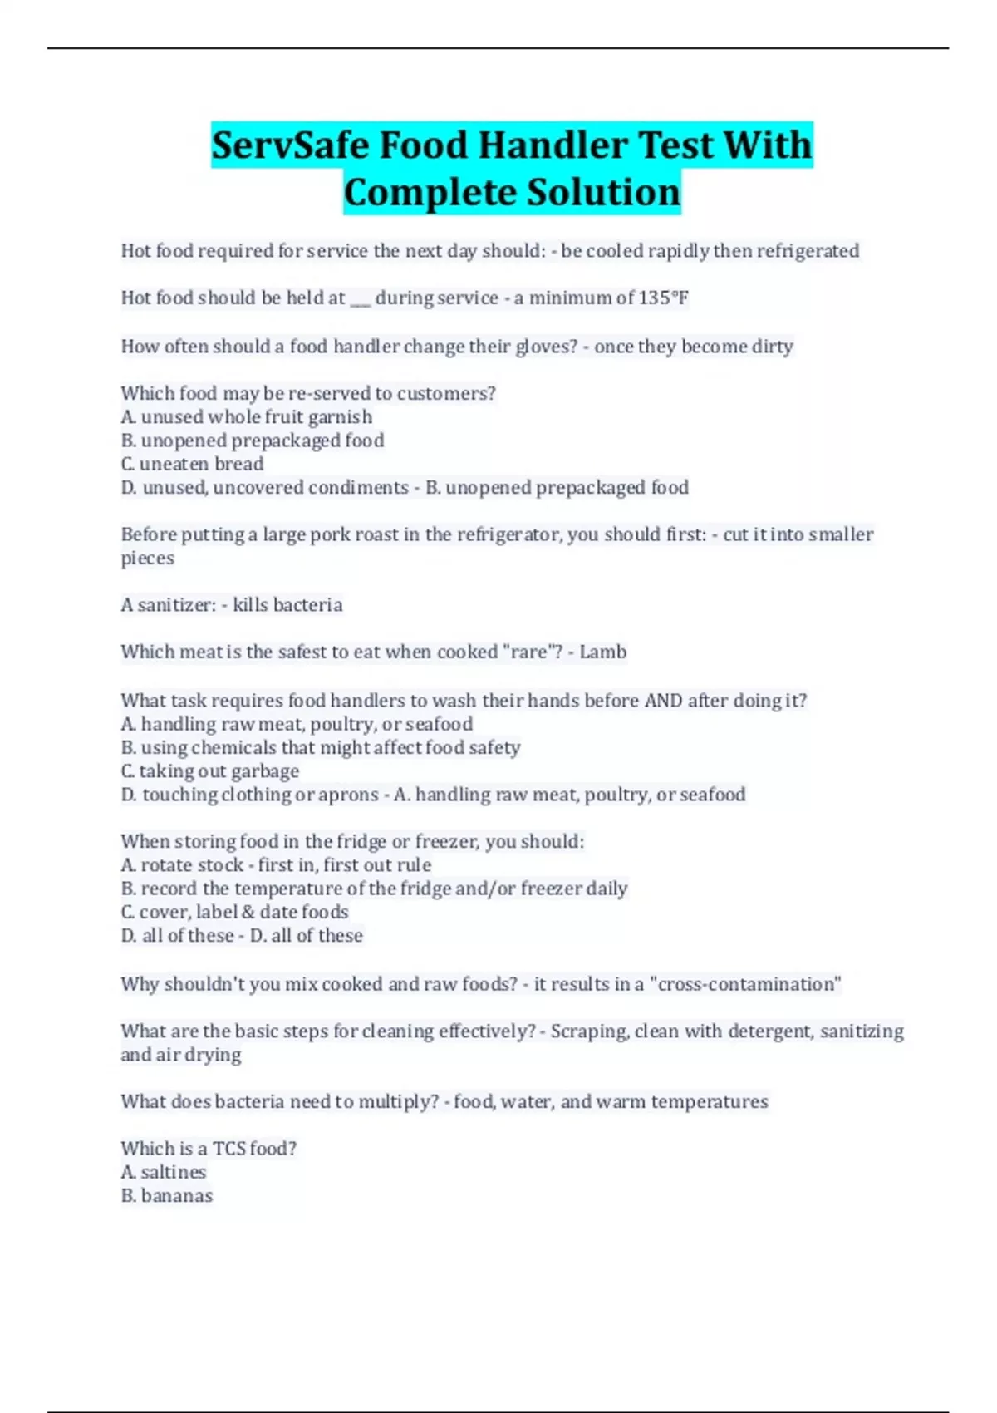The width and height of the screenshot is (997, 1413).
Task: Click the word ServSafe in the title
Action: click(x=290, y=145)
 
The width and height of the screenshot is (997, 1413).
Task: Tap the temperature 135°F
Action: click(x=663, y=298)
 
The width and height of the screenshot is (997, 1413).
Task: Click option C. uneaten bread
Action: click(x=192, y=464)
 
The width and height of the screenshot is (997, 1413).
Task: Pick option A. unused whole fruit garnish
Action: click(x=246, y=417)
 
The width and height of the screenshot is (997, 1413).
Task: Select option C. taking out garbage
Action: click(x=209, y=771)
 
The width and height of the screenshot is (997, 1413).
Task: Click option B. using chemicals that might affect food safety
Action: click(x=320, y=748)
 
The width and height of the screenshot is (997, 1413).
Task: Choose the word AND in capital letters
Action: click(x=663, y=701)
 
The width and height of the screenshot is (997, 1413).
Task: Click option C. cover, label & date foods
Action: click(x=234, y=912)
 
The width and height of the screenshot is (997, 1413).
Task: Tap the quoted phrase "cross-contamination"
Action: click(x=745, y=984)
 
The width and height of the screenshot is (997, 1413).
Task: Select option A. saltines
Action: click(x=163, y=1172)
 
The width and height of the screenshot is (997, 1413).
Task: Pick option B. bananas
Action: click(x=166, y=1196)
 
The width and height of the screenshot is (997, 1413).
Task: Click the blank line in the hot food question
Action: click(x=360, y=301)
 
